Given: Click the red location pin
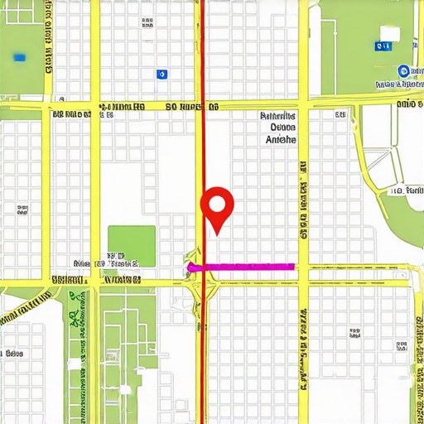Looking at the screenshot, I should click(218, 207).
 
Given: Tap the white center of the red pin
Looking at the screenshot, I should click(218, 202).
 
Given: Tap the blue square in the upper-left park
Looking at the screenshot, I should click(19, 57).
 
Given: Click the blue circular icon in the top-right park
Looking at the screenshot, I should click(403, 71).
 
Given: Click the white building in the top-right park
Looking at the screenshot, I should click(388, 33).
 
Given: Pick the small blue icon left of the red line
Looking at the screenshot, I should click(161, 74).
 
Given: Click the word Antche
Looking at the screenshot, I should click(280, 140).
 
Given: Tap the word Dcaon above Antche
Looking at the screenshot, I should click(282, 128).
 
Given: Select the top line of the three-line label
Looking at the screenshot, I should click(278, 117).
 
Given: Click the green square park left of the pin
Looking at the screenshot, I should click(131, 246).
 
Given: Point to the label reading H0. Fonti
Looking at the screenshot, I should click(407, 190).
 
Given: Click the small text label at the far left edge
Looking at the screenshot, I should click(12, 353).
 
